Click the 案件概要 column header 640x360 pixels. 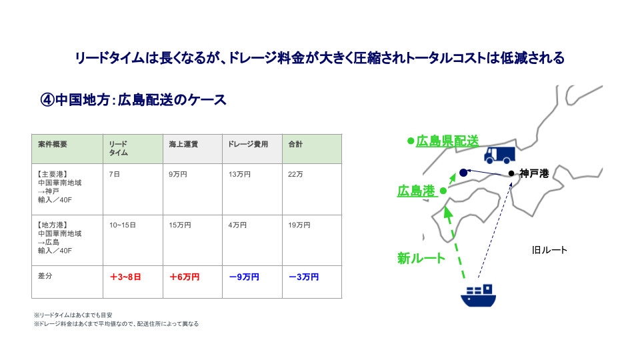(x=53, y=144)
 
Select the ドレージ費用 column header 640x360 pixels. (x=248, y=144)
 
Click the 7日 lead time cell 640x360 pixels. (x=114, y=174)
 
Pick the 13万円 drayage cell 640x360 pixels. (x=239, y=174)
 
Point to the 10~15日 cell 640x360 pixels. (x=123, y=225)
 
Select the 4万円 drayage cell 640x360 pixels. (x=237, y=225)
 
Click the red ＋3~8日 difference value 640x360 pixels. (x=126, y=277)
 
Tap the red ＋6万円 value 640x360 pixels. (x=185, y=277)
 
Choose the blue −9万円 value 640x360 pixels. (x=244, y=277)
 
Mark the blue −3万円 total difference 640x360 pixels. (x=304, y=277)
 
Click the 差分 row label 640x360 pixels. (x=45, y=276)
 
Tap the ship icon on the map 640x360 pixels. (x=479, y=295)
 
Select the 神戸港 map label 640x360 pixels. (x=534, y=173)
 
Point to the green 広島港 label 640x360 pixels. (x=416, y=191)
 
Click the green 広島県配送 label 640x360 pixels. (x=447, y=141)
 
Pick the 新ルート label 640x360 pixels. (x=421, y=258)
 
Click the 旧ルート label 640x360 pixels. (x=549, y=250)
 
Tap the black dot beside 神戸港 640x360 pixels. (x=511, y=173)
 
